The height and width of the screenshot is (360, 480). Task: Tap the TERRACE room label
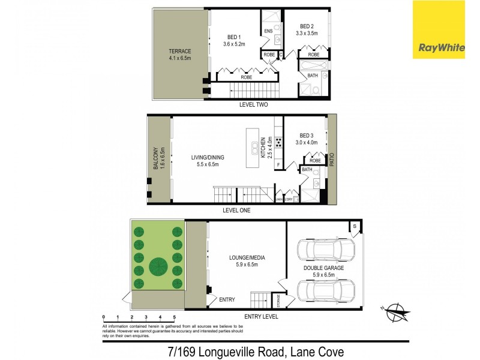coord(179,55)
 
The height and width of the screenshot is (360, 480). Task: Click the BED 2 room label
coord(307,30)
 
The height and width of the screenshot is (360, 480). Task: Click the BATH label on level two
coord(313,76)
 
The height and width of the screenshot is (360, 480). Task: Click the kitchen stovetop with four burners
coord(278,145)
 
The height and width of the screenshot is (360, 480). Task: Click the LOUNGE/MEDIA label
coord(247,258)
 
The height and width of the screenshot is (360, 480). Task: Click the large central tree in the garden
coord(158,264)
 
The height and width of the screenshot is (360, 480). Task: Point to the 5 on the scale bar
coord(175,316)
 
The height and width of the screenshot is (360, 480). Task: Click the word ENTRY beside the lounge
coord(227,299)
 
